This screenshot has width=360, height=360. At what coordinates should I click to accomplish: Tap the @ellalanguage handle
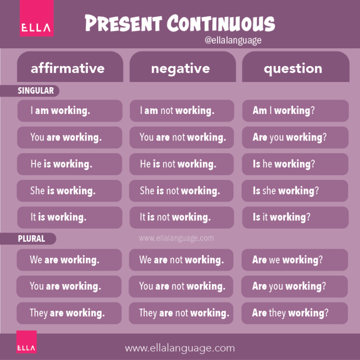point(233,40)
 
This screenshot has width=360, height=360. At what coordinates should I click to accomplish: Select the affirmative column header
point(67,68)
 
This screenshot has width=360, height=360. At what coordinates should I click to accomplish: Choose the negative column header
point(180,68)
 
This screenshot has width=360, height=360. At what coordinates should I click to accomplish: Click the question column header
point(293,68)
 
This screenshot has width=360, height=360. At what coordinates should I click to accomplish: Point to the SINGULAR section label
point(36,90)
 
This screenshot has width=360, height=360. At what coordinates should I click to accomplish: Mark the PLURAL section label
point(31,239)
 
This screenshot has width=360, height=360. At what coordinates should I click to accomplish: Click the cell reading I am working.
point(69,111)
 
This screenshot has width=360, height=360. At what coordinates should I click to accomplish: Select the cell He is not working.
point(181,164)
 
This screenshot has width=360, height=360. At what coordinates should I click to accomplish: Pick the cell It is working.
point(69,217)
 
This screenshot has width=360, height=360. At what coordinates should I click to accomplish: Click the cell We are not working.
point(181,260)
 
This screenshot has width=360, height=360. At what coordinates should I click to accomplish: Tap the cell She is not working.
point(181,191)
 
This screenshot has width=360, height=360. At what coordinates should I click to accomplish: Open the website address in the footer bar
point(180,348)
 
